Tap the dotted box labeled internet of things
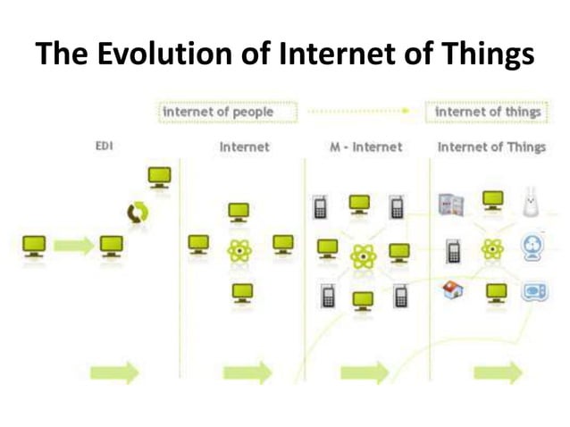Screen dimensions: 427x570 click(487, 113)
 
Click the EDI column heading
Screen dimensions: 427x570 click(104, 146)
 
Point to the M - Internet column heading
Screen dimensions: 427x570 click(365, 147)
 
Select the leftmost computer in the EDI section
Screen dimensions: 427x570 click(35, 246)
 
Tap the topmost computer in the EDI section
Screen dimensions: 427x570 click(160, 177)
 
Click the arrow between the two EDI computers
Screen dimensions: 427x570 click(74, 245)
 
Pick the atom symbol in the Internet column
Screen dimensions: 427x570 click(239, 251)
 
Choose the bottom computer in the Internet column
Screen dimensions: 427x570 click(239, 293)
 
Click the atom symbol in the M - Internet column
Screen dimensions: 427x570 click(362, 256)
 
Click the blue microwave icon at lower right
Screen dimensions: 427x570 click(534, 291)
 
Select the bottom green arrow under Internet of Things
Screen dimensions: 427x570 click(498, 372)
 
